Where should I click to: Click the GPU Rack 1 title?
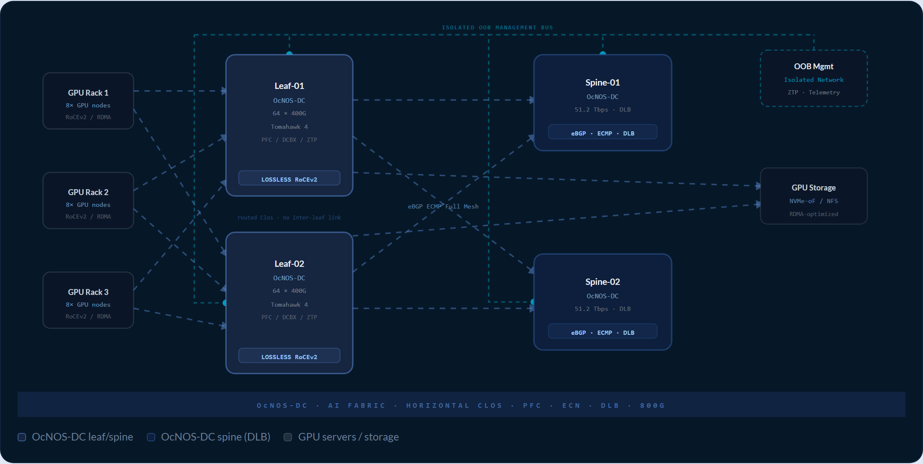[88, 93]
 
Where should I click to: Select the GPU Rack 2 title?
[88, 192]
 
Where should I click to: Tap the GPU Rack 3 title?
[88, 292]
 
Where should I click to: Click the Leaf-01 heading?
[289, 86]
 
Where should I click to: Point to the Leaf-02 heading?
[289, 264]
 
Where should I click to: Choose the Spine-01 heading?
[603, 83]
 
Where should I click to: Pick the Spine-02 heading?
[603, 282]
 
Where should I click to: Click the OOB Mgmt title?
[814, 66]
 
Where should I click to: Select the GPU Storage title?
[814, 188]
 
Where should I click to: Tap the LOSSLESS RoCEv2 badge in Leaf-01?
[289, 178]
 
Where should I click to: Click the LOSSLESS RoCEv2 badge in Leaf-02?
[289, 356]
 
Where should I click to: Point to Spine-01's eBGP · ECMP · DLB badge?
[603, 132]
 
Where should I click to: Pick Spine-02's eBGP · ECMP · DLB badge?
[603, 331]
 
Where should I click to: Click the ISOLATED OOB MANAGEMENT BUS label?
[498, 28]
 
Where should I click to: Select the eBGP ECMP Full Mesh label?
[443, 206]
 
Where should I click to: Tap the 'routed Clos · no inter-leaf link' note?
[289, 217]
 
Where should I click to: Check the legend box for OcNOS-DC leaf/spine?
[22, 437]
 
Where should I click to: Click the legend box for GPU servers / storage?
[288, 437]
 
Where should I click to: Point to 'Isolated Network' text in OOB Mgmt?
[814, 80]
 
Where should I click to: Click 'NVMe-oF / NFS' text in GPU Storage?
[814, 201]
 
